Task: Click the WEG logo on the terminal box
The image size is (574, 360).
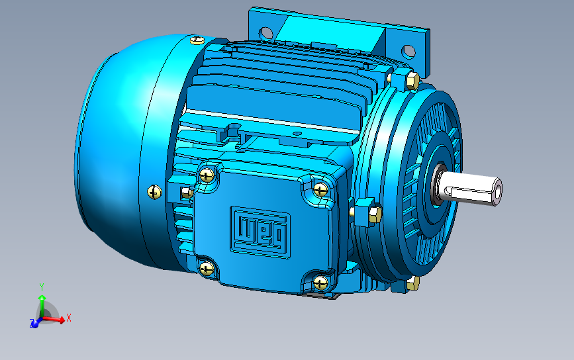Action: pos(260,232)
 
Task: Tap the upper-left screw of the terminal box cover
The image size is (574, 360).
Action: pos(207,175)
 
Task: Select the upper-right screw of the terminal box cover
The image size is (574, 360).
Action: pos(320,189)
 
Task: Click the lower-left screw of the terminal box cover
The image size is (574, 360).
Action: pos(207,269)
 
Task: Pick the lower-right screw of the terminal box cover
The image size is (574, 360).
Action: pos(320,283)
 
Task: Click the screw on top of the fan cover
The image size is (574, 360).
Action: pos(197,40)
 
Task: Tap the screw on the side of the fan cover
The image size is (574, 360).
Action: pos(154,192)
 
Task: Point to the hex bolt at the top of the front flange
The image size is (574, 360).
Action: pos(412,81)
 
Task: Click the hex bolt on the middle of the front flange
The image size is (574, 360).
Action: pos(375,214)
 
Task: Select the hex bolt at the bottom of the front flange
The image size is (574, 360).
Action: pos(413,283)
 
